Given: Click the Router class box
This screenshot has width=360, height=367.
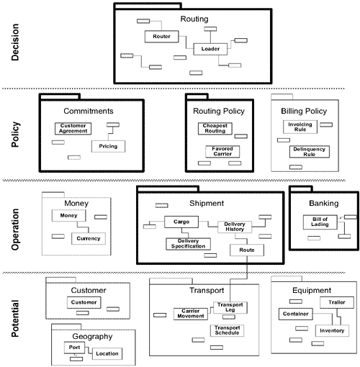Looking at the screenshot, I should point(161,35).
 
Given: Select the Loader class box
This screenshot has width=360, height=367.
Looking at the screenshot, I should point(210,49).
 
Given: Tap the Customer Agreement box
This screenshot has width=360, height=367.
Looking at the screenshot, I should point(74,129).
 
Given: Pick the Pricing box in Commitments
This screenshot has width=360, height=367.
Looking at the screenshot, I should point(108,146).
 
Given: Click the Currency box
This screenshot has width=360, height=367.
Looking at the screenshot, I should point(89,238).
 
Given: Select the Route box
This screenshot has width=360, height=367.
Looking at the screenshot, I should point(247,250).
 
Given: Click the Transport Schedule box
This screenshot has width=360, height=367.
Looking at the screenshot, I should point(228,330).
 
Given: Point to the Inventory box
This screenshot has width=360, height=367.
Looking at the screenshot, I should point(332,331).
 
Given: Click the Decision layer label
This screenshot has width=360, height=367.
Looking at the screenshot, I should point(19,44).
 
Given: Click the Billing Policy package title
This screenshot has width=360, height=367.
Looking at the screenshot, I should point(303,112).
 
